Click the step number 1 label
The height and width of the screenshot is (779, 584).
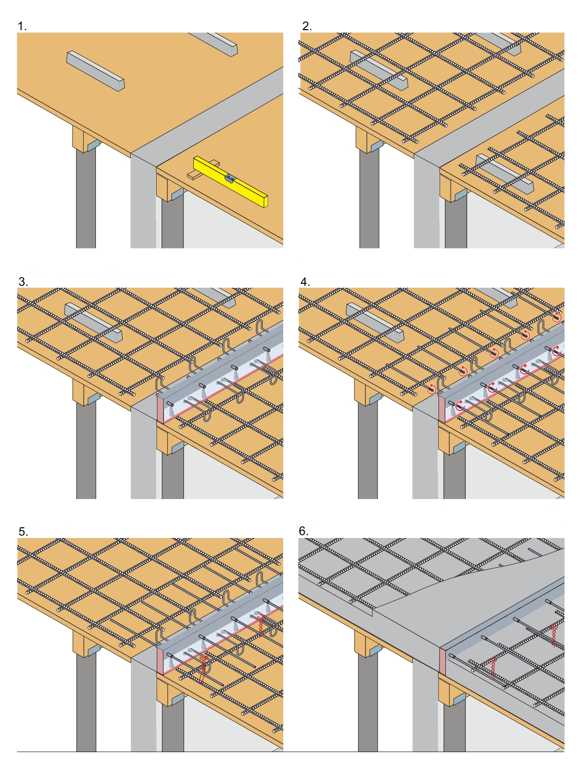pos(22,26)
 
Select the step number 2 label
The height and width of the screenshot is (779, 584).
pos(307,26)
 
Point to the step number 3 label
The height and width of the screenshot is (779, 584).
pos(23,282)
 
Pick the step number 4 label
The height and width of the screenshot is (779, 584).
pos(305,282)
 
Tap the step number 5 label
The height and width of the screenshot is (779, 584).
pos(23,532)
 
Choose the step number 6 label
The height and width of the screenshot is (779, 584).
pos(304,531)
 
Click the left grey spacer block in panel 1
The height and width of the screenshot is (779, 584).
pos(95,71)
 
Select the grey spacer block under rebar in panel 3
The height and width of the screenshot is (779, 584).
pos(93,322)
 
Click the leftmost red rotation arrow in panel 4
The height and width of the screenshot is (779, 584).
pos(431,388)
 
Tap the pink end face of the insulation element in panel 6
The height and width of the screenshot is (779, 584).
pos(443,661)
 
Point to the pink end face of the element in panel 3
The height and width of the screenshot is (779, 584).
pos(160,410)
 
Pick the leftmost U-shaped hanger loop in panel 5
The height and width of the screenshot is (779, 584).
pos(161,636)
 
